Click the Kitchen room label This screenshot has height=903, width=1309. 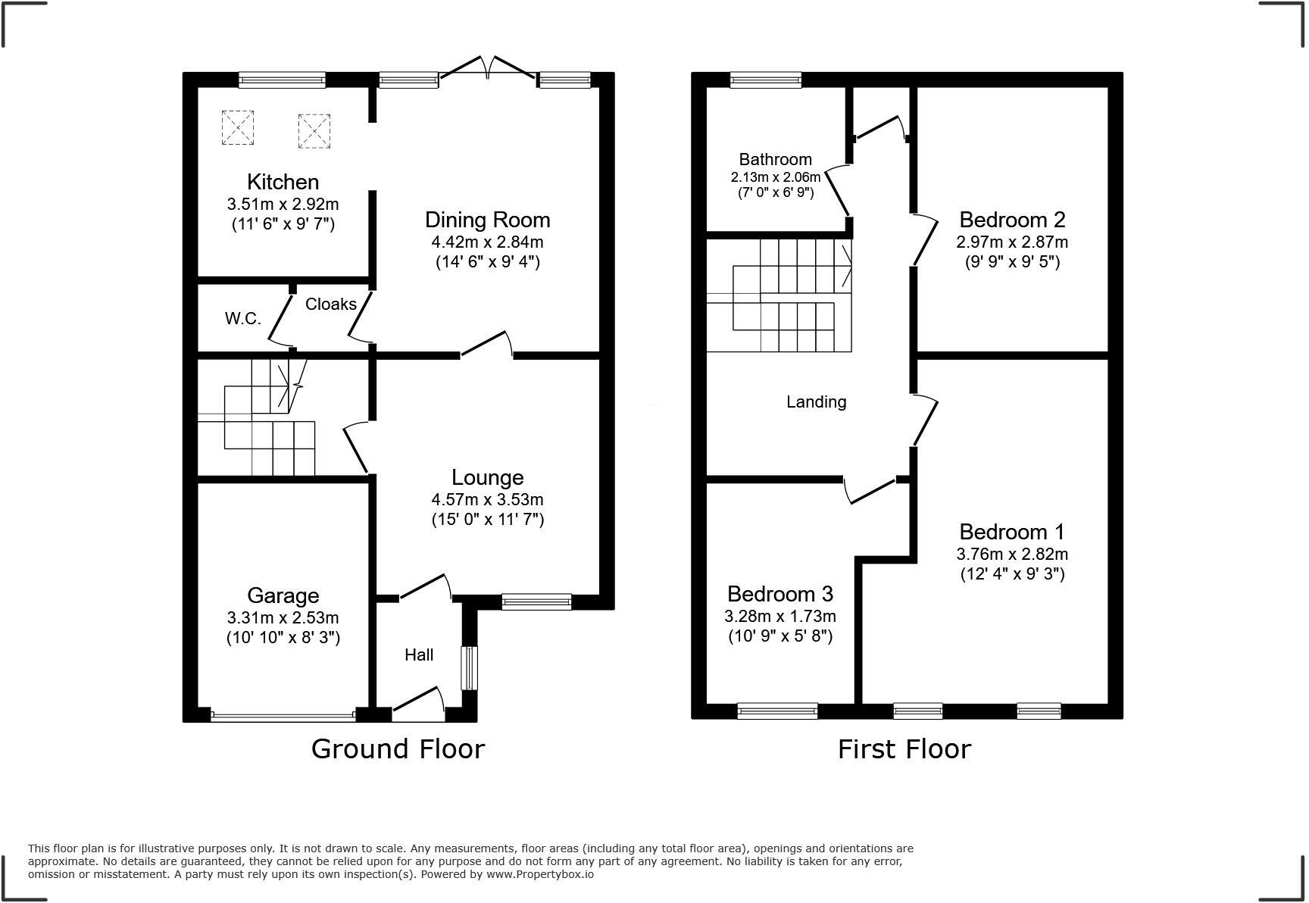pos(283,182)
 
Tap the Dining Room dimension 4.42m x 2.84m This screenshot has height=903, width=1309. pos(487,242)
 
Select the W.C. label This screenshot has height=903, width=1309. pos(242,319)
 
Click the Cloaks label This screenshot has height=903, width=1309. pos(330,304)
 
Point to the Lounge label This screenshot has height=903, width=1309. pos(487,477)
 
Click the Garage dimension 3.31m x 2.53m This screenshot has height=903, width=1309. pos(283,617)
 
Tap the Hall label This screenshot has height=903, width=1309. pos(418,655)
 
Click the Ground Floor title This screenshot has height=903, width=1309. pos(398,749)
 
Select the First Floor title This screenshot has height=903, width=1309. pos(904,749)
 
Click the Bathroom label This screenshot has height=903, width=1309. pos(775,159)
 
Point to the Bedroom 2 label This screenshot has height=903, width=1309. pos(1011,220)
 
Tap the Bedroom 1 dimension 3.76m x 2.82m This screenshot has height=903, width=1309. pos(1011,554)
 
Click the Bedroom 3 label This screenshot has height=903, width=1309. pos(780,593)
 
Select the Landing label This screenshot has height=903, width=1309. pos(816,402)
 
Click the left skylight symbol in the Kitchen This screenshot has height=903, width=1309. pos(237,127)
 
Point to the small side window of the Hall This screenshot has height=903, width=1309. pos(470,667)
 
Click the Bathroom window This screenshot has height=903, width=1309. pos(765,80)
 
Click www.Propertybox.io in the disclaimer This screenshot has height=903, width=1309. pos(539,874)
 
